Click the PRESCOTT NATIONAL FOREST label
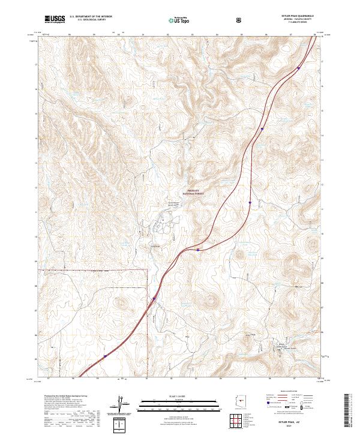[193, 193]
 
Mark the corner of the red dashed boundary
[147, 270]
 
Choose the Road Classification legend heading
[292, 394]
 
